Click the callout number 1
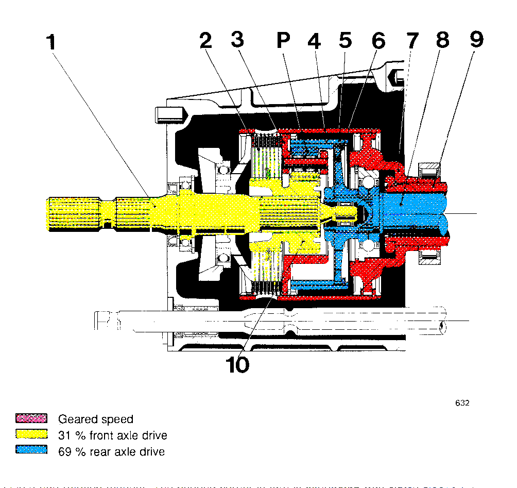pyautogui.click(x=50, y=42)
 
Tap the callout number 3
pyautogui.click(x=237, y=41)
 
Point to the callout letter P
pyautogui.click(x=284, y=41)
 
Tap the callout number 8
pyautogui.click(x=443, y=41)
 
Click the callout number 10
pyautogui.click(x=237, y=365)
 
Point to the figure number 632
pyautogui.click(x=462, y=403)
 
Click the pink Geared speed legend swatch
pyautogui.click(x=31, y=418)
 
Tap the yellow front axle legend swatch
pyautogui.click(x=31, y=434)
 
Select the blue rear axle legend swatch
pyautogui.click(x=31, y=451)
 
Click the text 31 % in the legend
pyautogui.click(x=72, y=435)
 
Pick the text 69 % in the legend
pyautogui.click(x=72, y=451)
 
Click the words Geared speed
pyautogui.click(x=95, y=419)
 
